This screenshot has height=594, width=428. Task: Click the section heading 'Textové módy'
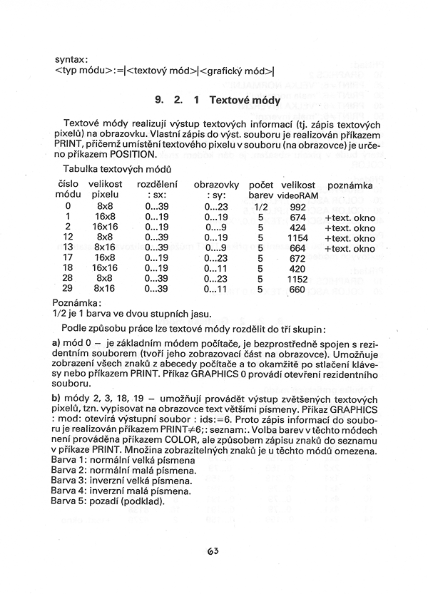pos(245,101)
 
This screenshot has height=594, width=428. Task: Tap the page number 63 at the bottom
pos(213,551)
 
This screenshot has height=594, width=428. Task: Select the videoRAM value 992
pos(297,207)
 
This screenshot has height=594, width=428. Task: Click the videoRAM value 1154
pos(297,238)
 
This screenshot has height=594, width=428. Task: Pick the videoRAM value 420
pos(297,270)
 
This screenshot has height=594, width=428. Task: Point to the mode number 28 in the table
pos(68,280)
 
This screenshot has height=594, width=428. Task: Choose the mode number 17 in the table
pos(68,259)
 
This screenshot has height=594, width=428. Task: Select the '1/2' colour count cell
pos(260,207)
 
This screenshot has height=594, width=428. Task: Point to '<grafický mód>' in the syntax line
pos(237,71)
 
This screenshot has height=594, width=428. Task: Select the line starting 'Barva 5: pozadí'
pos(108,501)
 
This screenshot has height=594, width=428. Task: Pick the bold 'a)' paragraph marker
pos(57,344)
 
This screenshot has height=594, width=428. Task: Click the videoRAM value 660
pos(297,290)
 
